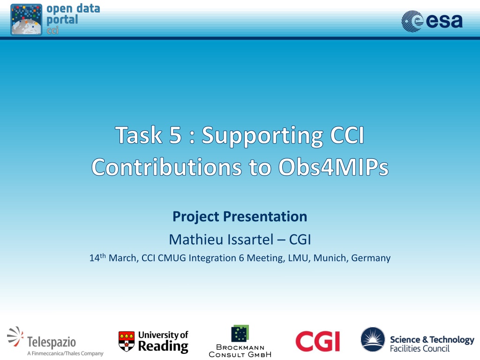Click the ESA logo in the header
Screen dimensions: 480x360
pyautogui.click(x=432, y=21)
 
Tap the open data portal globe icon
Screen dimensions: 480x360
pyautogui.click(x=26, y=20)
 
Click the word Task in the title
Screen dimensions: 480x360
pyautogui.click(x=139, y=135)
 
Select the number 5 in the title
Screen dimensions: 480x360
pyautogui.click(x=175, y=135)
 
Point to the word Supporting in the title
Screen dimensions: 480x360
pyautogui.click(x=262, y=136)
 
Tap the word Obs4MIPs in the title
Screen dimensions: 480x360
pyautogui.click(x=333, y=167)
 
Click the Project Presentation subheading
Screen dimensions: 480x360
pyautogui.click(x=240, y=217)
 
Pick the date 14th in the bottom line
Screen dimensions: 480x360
pyautogui.click(x=97, y=257)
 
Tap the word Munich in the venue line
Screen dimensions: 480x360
pyautogui.click(x=331, y=258)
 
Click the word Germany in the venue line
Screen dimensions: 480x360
pyautogui.click(x=371, y=258)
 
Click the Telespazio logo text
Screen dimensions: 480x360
pyautogui.click(x=52, y=342)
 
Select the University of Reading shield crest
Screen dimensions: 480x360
pyautogui.click(x=127, y=341)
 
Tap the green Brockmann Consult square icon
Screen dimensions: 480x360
pyautogui.click(x=240, y=333)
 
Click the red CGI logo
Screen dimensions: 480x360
pyautogui.click(x=317, y=341)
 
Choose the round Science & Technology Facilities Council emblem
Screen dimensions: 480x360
pyautogui.click(x=373, y=339)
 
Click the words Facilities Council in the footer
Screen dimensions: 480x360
pyautogui.click(x=420, y=348)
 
